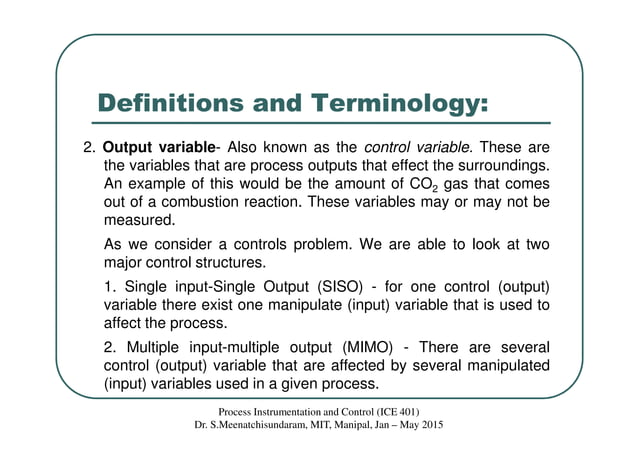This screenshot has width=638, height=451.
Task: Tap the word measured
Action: coord(140,221)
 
